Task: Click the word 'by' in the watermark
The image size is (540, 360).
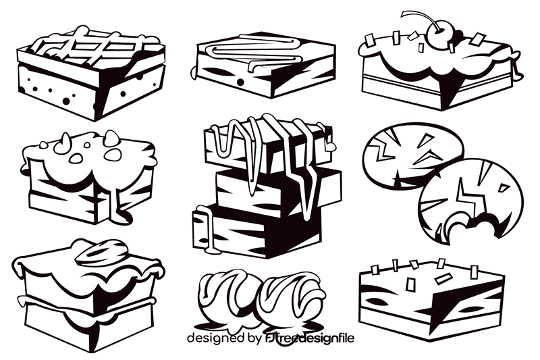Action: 255,338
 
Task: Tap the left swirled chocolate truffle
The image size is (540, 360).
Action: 227,297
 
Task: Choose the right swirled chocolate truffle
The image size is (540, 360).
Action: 290,297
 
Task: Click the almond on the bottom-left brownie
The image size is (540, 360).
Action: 97,253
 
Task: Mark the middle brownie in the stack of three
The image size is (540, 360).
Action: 277,186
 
